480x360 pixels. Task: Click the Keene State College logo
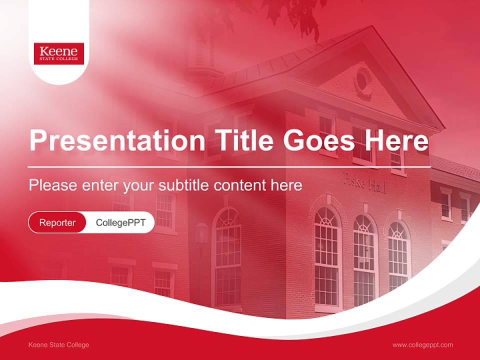[59, 53]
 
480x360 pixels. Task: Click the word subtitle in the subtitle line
[184, 185]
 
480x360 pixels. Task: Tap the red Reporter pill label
[57, 222]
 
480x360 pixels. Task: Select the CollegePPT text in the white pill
[120, 222]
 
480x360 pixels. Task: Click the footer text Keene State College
[59, 345]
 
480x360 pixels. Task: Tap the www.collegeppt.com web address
[422, 345]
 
